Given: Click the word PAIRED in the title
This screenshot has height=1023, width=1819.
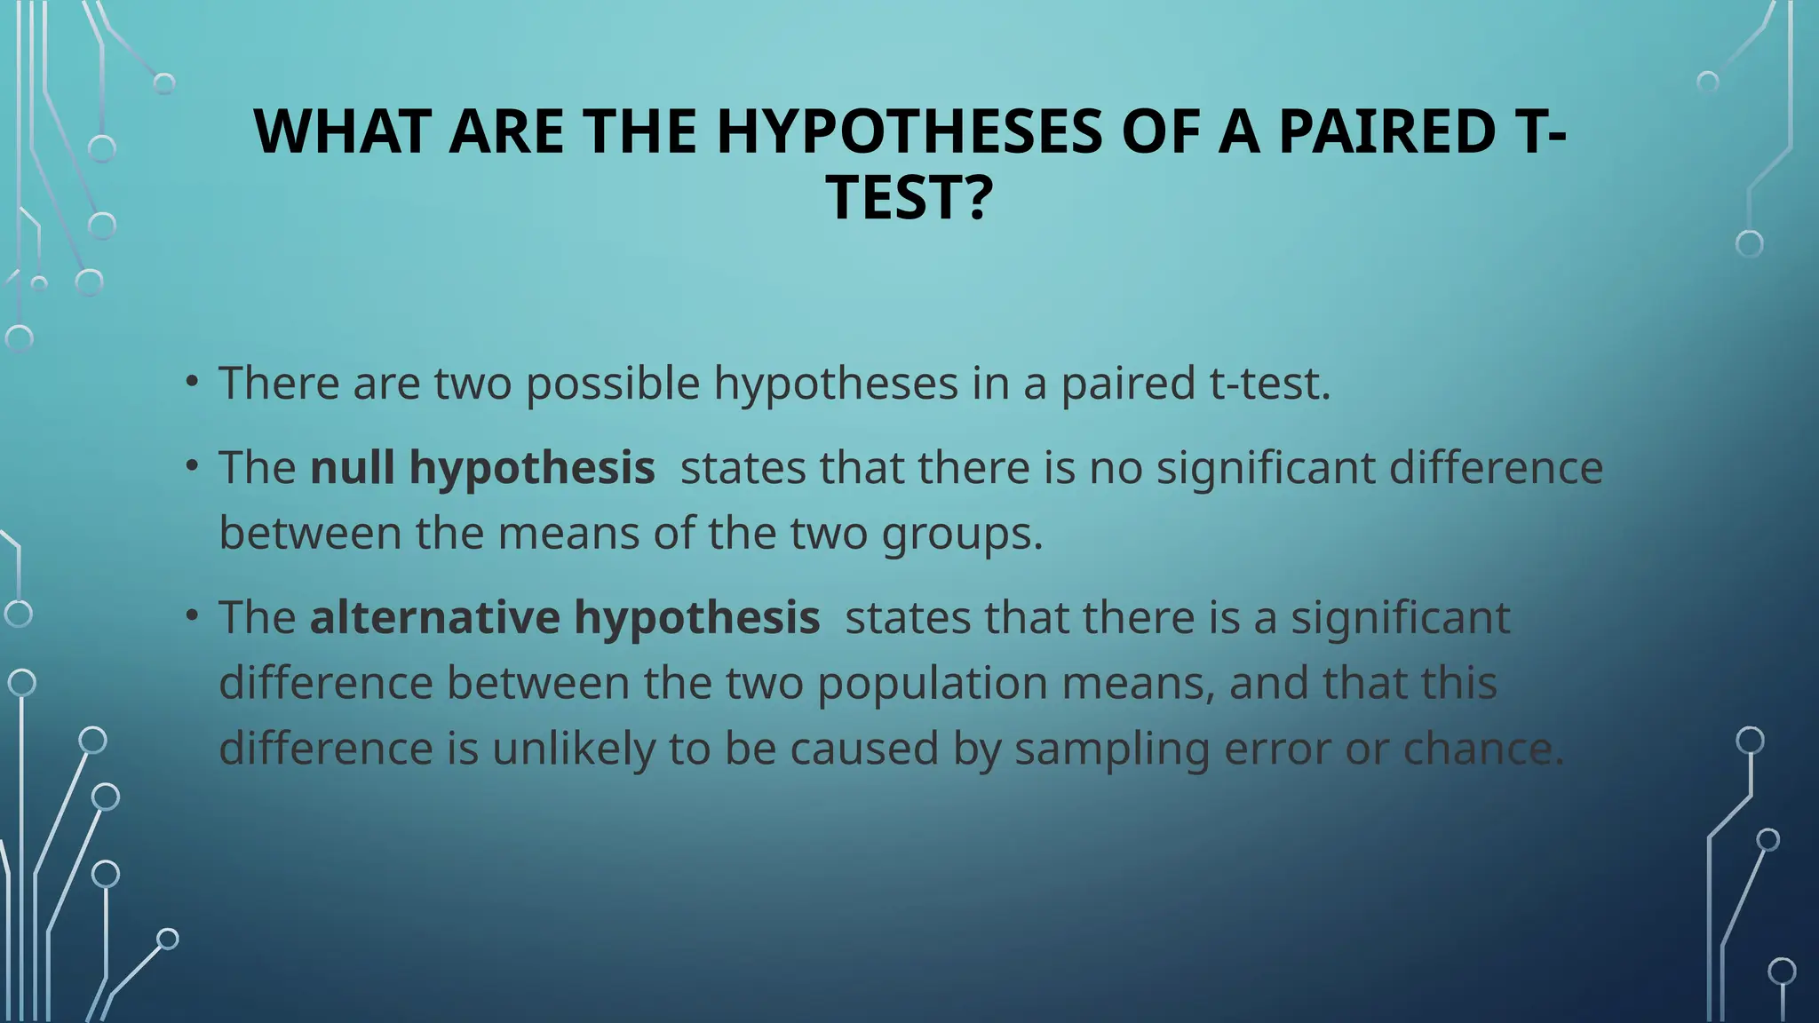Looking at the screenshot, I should click(x=1386, y=131).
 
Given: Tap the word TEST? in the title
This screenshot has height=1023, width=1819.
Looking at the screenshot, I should click(x=909, y=197).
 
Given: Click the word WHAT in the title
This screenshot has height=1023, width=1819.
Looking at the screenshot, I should click(x=344, y=131).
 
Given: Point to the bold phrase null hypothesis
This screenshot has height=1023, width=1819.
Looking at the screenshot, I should click(x=482, y=467).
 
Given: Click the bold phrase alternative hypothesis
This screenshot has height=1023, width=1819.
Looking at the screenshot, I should click(x=564, y=617).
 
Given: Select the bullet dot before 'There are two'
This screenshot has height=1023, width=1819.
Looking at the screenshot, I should click(x=191, y=383).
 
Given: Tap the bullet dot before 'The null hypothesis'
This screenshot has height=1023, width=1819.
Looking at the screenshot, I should click(x=191, y=467).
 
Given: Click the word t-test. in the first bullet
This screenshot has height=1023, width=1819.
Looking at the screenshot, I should click(x=1270, y=383).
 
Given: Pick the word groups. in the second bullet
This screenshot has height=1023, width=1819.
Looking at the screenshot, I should click(x=962, y=534).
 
